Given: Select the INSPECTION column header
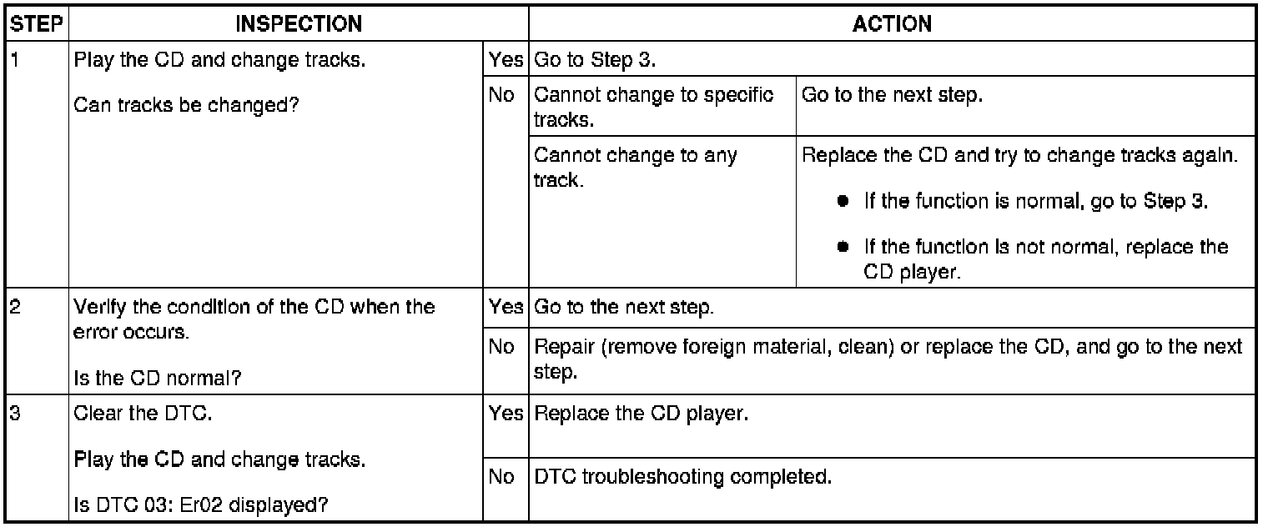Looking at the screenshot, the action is pos(299,24).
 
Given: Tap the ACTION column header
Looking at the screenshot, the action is pos(892,24).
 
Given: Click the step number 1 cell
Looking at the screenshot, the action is pos(14,63).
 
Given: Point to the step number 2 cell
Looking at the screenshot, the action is pos(14,307).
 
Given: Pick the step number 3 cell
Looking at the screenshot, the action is pos(14,413).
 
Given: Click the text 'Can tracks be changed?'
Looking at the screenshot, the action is pos(186,106).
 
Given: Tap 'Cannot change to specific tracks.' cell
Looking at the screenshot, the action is pos(653,106).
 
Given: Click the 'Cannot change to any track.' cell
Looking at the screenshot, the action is pos(635,167).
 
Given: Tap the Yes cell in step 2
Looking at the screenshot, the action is pos(506,307).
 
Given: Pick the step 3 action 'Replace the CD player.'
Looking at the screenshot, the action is pos(639,413).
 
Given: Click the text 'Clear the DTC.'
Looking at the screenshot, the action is pos(143,413).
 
